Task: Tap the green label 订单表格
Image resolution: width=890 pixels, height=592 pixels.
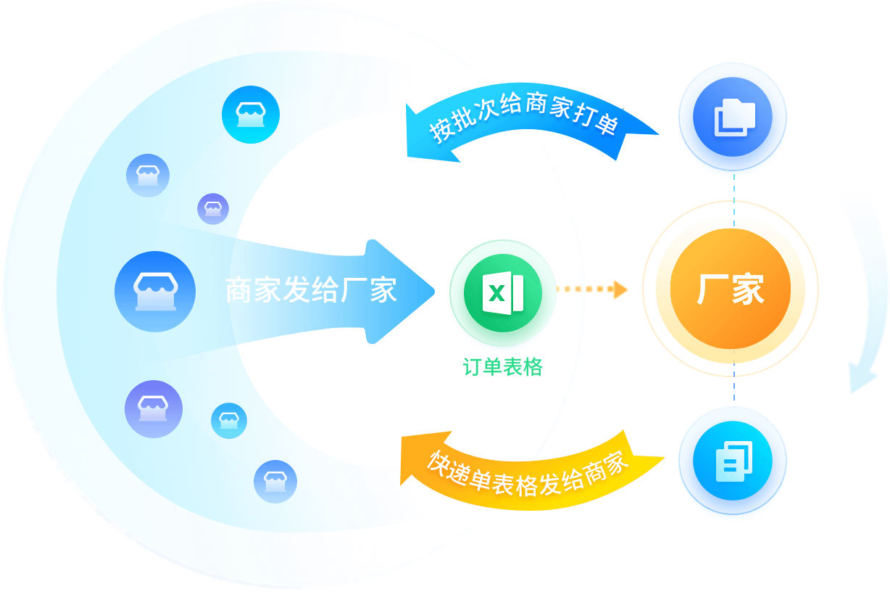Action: tap(502, 367)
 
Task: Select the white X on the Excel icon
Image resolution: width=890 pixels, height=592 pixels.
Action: tap(496, 293)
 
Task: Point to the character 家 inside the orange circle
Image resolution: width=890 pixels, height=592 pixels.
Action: tap(747, 289)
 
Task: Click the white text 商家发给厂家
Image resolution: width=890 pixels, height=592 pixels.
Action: tap(311, 290)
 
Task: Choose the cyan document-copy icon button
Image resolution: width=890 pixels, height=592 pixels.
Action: tap(733, 461)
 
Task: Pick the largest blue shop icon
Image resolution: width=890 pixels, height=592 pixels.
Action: tap(154, 291)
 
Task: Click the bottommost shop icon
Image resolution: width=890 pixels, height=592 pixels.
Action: tap(275, 481)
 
